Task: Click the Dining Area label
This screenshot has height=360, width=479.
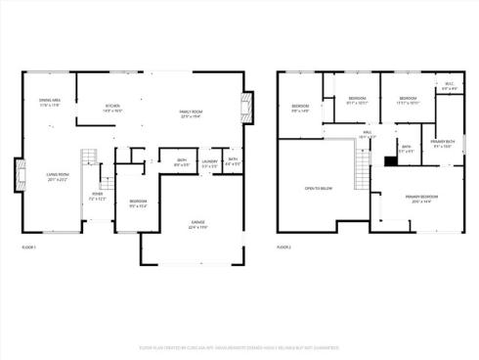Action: point(49,102)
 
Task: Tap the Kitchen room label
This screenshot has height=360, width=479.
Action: point(112,109)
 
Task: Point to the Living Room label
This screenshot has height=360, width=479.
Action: point(57,177)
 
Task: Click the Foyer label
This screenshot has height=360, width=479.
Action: point(97,196)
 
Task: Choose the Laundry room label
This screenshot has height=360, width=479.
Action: point(208,162)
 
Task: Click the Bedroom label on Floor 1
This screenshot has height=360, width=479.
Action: point(138,203)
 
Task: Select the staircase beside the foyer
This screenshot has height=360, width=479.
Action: point(88,162)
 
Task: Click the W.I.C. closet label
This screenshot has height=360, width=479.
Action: point(449,86)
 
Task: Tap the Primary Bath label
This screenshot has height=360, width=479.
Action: point(441,143)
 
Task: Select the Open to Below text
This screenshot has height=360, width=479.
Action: point(320,188)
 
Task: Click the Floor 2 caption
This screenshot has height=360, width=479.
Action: point(284,248)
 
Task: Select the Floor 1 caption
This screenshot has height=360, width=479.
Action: point(28,248)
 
